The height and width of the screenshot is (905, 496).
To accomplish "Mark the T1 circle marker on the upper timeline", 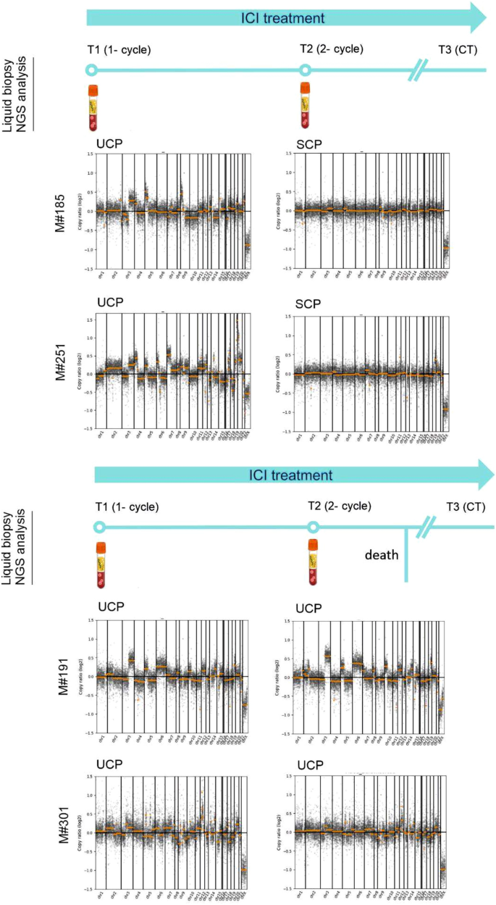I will coord(91,70).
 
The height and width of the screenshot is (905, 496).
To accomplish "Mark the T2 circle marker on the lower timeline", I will coord(313,527).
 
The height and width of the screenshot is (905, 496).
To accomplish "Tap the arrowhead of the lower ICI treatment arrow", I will coord(484,475).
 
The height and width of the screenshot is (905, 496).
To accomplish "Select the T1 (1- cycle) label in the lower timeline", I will coord(128,506).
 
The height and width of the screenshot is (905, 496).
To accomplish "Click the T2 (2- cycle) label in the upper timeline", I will coord(332,49).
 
